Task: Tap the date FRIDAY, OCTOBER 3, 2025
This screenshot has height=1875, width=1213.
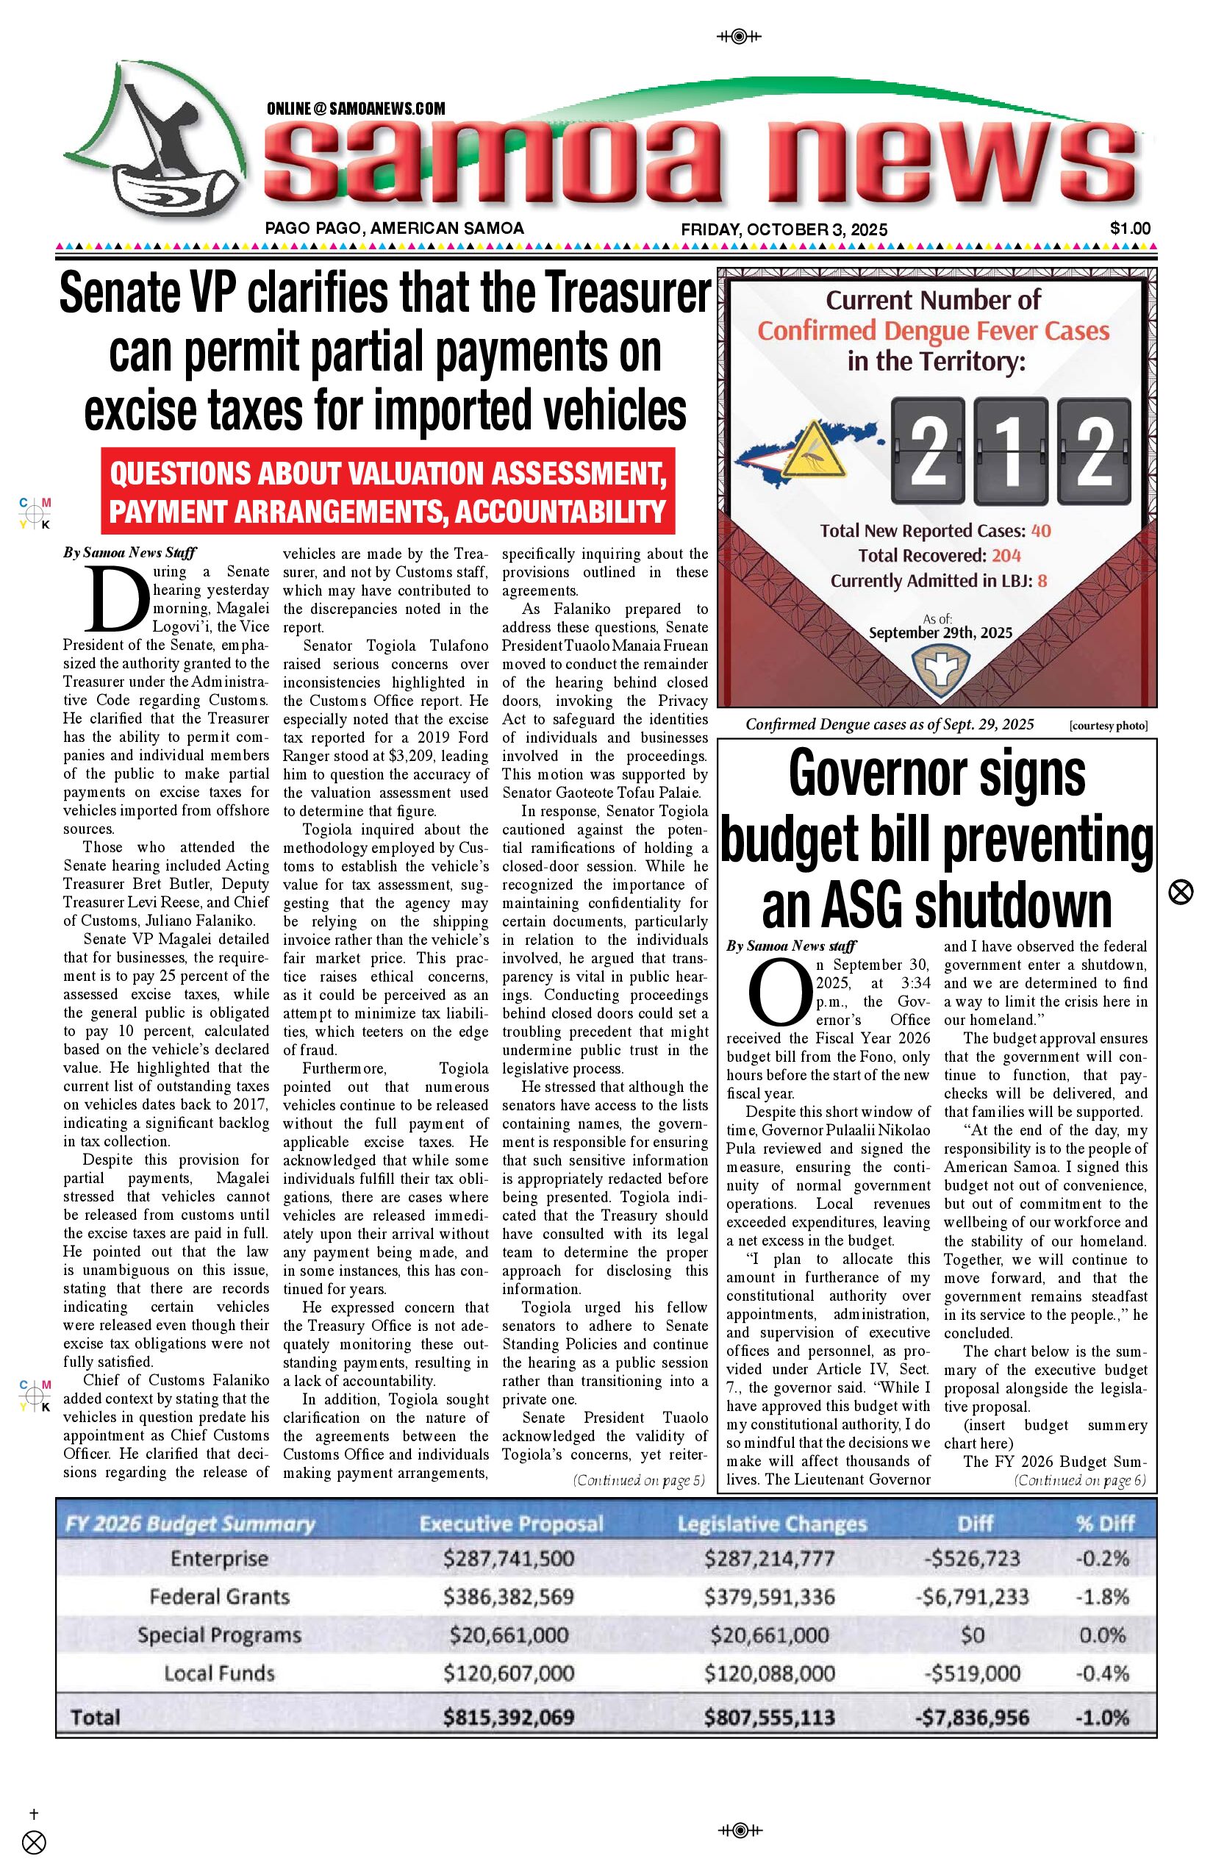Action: click(x=784, y=229)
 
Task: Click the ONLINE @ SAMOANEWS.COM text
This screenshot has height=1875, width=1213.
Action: click(x=355, y=109)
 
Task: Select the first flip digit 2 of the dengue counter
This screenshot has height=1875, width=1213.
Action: click(x=928, y=451)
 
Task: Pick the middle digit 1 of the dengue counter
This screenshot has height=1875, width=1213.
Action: click(x=1011, y=451)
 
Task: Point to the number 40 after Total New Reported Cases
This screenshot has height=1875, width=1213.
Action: click(x=1040, y=530)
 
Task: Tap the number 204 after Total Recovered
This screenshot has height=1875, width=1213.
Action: click(x=1006, y=555)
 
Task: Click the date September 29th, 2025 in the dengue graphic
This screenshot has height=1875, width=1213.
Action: click(x=940, y=632)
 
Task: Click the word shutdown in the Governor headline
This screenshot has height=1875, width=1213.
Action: click(x=1018, y=905)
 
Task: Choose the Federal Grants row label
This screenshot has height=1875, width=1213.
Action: click(x=219, y=1597)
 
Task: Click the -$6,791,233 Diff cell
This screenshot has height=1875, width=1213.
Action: click(x=972, y=1597)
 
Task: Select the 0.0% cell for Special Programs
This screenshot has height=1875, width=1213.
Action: click(x=1102, y=1635)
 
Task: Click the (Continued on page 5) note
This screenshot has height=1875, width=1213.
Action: click(x=638, y=1480)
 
